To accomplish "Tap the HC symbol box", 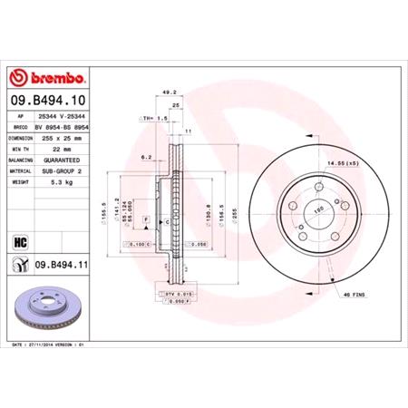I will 20,241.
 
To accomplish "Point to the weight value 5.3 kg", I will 64,181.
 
